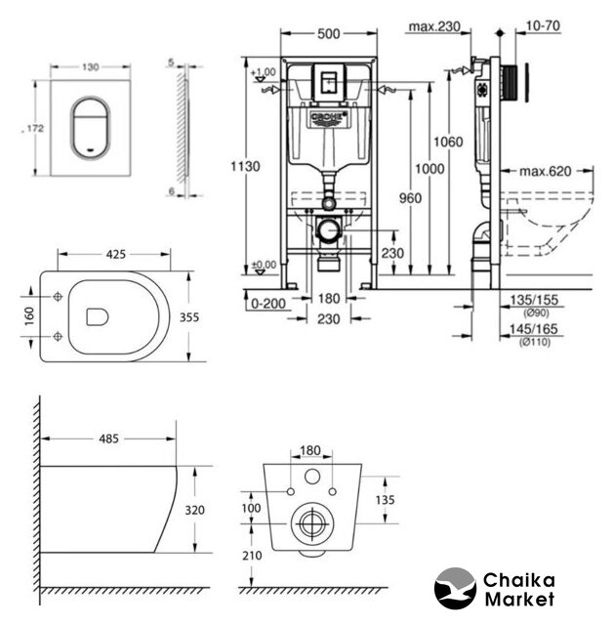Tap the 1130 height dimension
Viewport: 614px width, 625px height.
pos(249,166)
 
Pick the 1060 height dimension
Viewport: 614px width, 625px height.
pos(448,143)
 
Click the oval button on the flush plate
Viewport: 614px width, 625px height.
pos(90,126)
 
